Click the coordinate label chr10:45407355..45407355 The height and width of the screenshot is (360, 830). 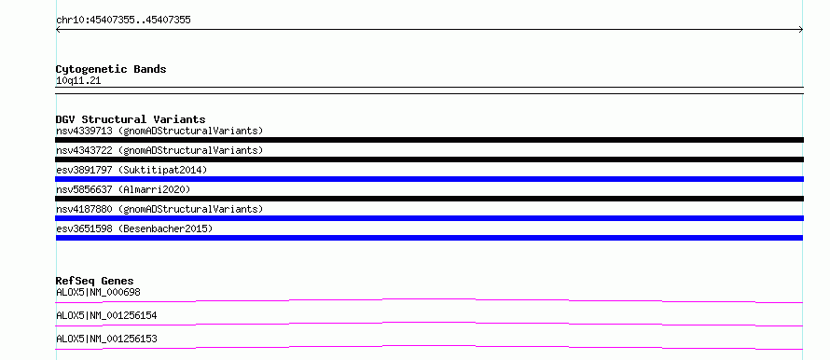(123, 21)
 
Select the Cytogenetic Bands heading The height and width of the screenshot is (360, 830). (111, 69)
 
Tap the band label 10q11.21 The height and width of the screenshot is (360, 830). (78, 81)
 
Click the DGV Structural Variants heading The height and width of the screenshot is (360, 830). (131, 119)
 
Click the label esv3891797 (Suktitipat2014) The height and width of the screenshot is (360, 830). (131, 170)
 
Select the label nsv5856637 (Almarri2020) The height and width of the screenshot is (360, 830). (123, 189)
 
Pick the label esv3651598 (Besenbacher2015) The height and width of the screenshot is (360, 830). (134, 228)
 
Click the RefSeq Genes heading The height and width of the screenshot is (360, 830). (95, 281)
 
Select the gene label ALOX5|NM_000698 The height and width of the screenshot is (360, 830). (98, 292)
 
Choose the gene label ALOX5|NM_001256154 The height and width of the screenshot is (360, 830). (106, 315)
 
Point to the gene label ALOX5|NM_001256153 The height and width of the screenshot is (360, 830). (106, 339)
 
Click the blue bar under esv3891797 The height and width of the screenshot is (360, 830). (429, 179)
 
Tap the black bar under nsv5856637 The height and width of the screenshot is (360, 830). (429, 199)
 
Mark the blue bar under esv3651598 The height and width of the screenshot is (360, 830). (429, 238)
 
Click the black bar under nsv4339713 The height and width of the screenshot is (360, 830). (429, 140)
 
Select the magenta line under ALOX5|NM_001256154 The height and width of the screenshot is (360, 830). (429, 323)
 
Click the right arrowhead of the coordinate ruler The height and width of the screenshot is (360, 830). (802, 30)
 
